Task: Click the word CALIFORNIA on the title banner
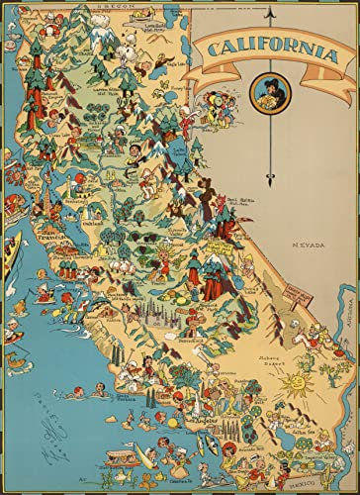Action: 268,49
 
